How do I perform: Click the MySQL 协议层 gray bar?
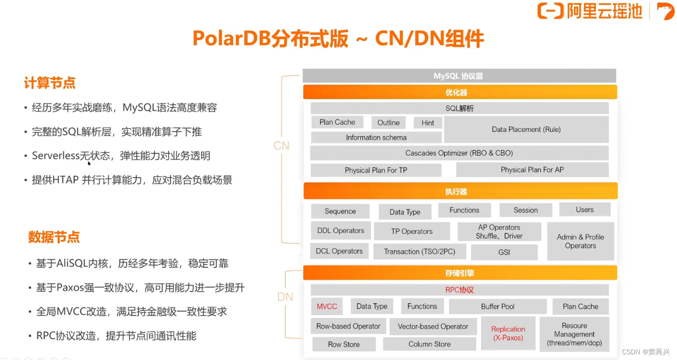pyautogui.click(x=459, y=76)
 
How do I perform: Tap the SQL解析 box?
pyautogui.click(x=459, y=108)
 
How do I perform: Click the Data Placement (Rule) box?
pyautogui.click(x=526, y=129)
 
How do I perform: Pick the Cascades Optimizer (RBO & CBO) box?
pyautogui.click(x=459, y=153)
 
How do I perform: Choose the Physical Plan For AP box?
pyautogui.click(x=532, y=170)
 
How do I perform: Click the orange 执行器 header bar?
pyautogui.click(x=460, y=191)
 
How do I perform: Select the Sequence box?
pyautogui.click(x=340, y=211)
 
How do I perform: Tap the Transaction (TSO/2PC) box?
pyautogui.click(x=419, y=252)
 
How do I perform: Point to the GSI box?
pyautogui.click(x=504, y=252)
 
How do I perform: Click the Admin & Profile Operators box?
pyautogui.click(x=580, y=241)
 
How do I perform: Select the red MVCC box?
pyautogui.click(x=327, y=307)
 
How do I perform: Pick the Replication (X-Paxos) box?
pyautogui.click(x=508, y=333)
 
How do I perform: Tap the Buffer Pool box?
pyautogui.click(x=497, y=307)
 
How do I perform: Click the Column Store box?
pyautogui.click(x=429, y=344)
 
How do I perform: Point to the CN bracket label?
pyautogui.click(x=281, y=146)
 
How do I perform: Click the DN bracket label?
pyautogui.click(x=285, y=297)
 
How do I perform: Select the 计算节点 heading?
pyautogui.click(x=50, y=83)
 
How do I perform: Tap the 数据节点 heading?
pyautogui.click(x=54, y=237)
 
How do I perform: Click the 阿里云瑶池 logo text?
pyautogui.click(x=604, y=11)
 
